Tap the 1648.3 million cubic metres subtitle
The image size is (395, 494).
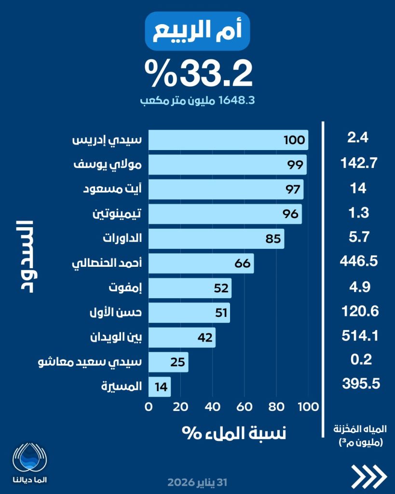tap(197, 101)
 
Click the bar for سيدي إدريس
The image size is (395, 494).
tap(228, 140)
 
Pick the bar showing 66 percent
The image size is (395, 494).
tap(201, 263)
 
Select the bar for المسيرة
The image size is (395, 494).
tap(159, 387)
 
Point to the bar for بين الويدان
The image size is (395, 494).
tap(181, 337)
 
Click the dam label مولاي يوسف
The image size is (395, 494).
tap(114, 165)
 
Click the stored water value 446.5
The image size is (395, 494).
tap(358, 262)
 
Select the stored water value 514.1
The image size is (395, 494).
tap(358, 335)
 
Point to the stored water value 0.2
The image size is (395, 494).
tap(358, 359)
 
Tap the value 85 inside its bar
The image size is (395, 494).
tap(273, 239)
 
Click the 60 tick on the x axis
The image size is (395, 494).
tap(245, 407)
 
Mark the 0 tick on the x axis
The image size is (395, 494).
tap(149, 407)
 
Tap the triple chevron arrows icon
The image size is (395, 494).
tap(368, 477)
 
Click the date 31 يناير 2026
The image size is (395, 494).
tap(197, 482)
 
